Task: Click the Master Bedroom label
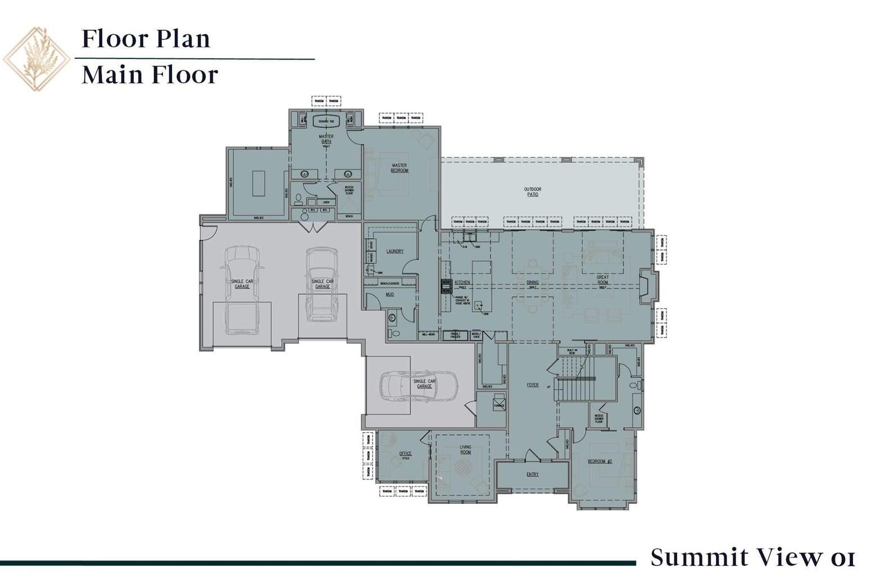400,168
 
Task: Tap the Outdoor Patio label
533,191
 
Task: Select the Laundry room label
395,251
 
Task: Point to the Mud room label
389,294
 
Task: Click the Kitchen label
462,282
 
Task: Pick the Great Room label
602,280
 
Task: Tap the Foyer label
532,385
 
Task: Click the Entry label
532,474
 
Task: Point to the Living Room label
465,449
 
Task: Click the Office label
405,454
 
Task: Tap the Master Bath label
326,139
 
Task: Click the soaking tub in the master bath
326,121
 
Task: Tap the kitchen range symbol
446,286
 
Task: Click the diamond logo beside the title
37,58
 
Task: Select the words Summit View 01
752,558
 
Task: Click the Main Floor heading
149,75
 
